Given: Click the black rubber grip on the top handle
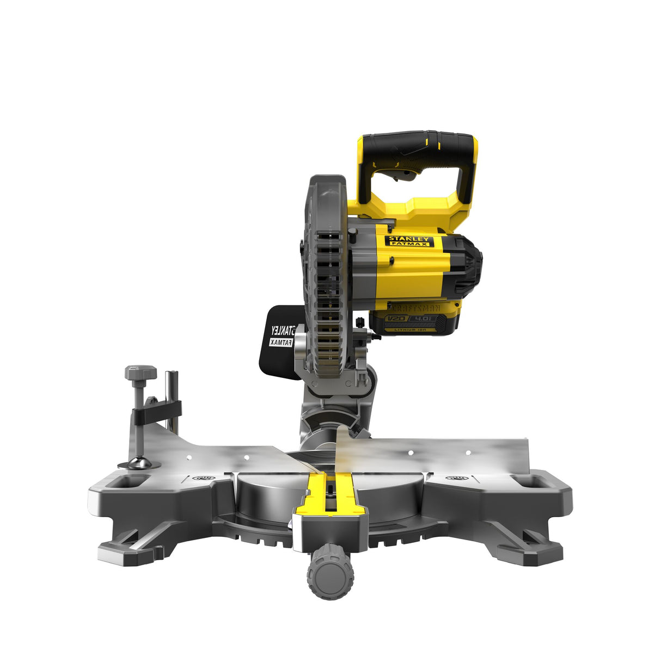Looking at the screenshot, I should pos(419,143).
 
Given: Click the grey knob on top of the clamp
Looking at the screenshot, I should pos(140,373).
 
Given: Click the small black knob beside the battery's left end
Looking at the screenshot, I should pos(360,322).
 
